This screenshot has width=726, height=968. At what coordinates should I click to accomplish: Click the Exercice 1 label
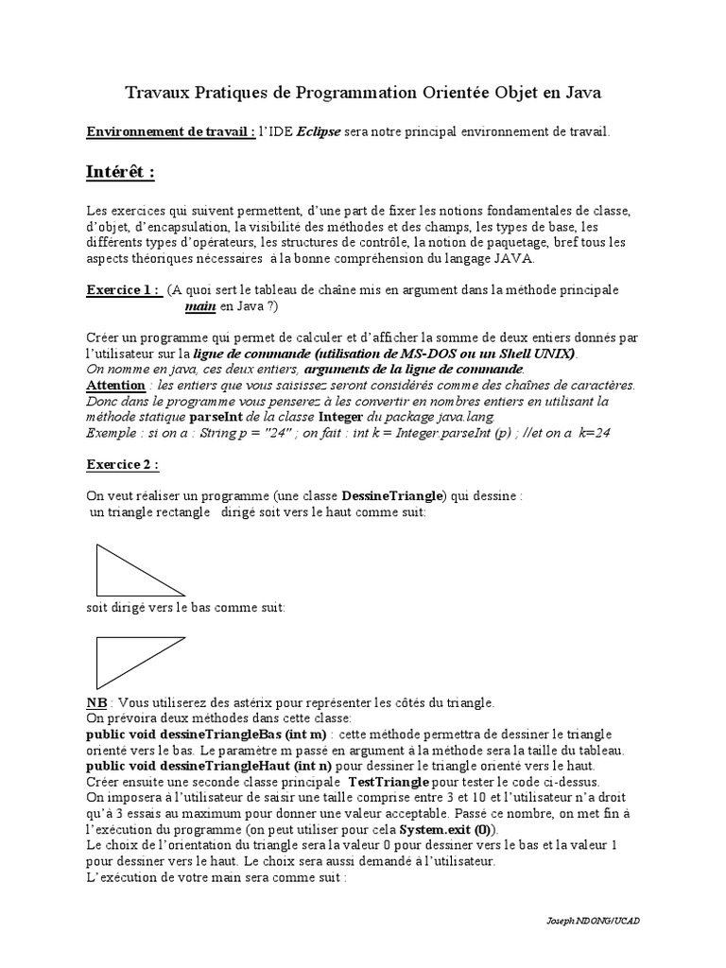pyautogui.click(x=123, y=290)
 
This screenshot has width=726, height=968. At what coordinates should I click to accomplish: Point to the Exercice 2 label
pyautogui.click(x=123, y=464)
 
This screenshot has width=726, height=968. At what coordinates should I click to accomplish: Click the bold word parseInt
pyautogui.click(x=218, y=416)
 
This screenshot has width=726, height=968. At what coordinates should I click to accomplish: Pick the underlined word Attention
pyautogui.click(x=115, y=386)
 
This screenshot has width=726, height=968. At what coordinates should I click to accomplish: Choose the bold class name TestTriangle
pyautogui.click(x=389, y=783)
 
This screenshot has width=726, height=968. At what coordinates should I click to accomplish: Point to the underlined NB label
pyautogui.click(x=96, y=704)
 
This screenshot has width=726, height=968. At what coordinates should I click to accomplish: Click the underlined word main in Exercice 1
pyautogui.click(x=200, y=306)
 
